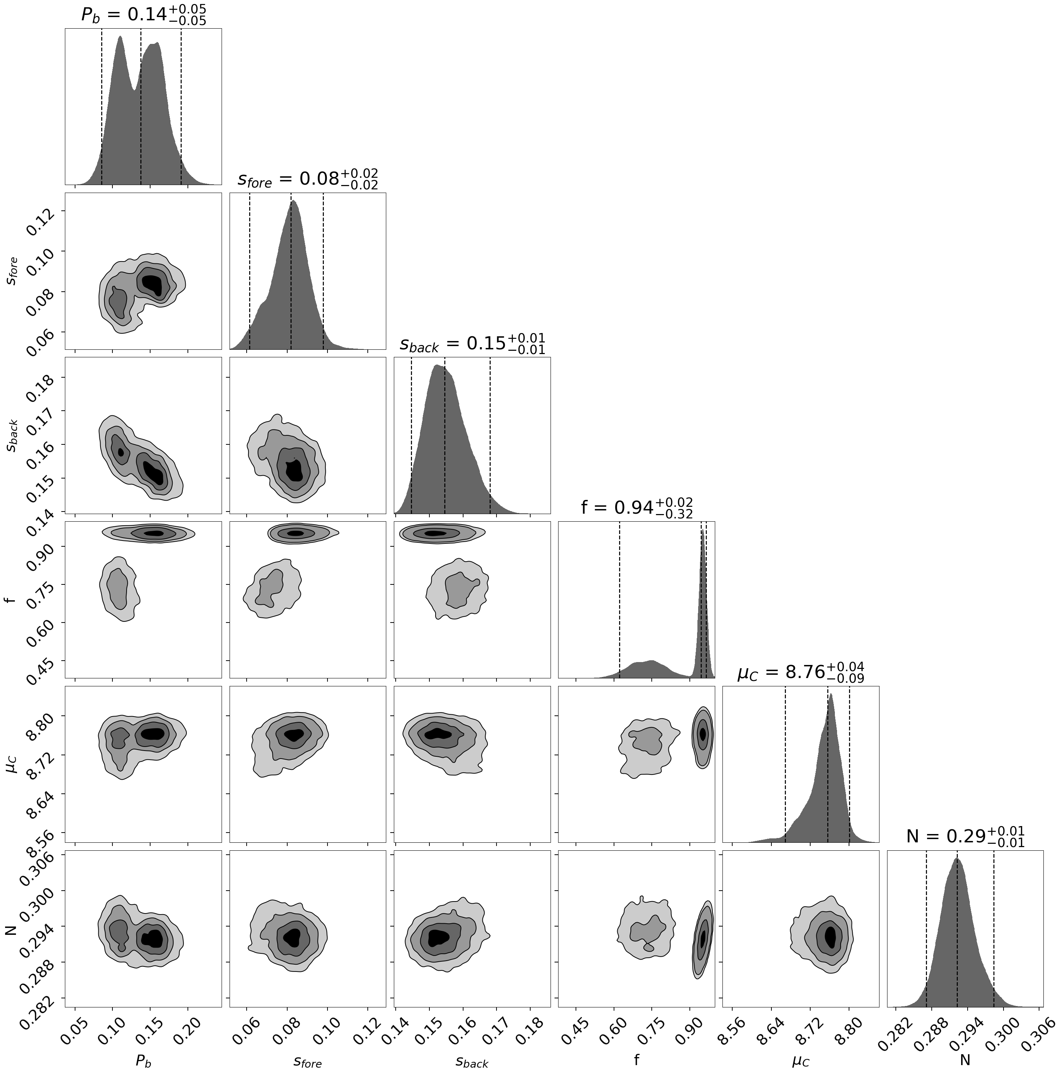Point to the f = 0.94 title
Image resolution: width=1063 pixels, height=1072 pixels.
[x=636, y=508]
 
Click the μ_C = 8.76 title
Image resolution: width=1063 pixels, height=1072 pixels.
[x=800, y=672]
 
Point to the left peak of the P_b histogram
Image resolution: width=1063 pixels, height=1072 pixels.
[x=120, y=39]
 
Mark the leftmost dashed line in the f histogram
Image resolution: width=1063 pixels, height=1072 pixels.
[x=619, y=599]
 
